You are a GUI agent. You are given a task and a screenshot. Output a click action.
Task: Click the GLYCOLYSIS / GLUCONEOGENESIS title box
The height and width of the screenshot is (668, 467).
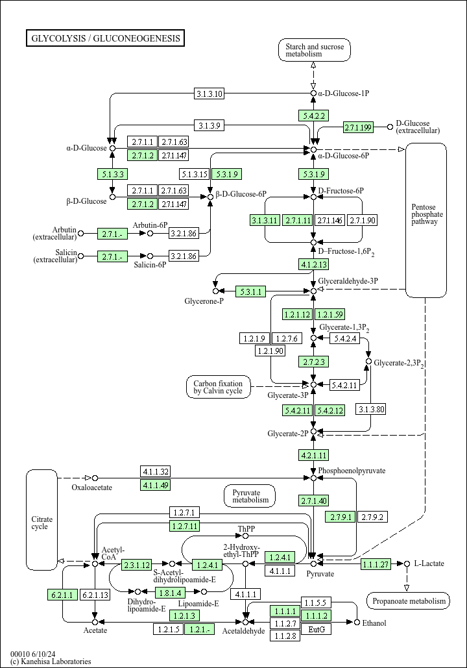tap(105, 38)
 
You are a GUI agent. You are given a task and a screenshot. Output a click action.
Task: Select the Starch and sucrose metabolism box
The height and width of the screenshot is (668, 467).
tap(315, 50)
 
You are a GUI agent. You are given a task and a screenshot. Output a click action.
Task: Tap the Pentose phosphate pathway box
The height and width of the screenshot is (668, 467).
tap(426, 220)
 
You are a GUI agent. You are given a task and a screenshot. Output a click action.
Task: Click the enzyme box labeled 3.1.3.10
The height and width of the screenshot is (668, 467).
tap(210, 93)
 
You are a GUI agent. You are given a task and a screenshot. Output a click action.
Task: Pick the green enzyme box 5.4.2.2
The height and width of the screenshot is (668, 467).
tap(314, 116)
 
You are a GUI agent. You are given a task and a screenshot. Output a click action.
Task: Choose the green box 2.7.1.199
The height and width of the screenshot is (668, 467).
tap(359, 127)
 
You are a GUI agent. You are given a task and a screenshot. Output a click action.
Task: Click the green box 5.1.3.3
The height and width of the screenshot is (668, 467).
tap(112, 174)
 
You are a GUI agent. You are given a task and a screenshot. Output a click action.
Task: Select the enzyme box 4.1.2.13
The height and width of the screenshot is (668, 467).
tap(314, 265)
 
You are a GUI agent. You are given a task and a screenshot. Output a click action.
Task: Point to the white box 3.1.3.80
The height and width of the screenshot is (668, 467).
tap(371, 410)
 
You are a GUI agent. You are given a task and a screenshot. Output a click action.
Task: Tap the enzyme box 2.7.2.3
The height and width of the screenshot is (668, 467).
tap(314, 362)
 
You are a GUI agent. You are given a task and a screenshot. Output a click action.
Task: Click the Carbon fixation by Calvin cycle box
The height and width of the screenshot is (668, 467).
tap(219, 387)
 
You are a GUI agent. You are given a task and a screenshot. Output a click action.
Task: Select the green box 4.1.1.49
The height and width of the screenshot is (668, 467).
tap(156, 485)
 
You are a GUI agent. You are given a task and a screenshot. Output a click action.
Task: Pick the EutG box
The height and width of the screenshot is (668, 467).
tap(317, 629)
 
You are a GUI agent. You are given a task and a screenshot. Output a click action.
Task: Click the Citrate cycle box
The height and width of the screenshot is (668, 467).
tap(42, 520)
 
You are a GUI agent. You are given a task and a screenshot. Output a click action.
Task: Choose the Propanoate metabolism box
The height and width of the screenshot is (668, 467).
tap(408, 600)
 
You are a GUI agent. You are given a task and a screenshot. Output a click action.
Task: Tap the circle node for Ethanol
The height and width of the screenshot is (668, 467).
tap(357, 623)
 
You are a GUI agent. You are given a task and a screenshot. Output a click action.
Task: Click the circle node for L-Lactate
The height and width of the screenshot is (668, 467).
tap(407, 563)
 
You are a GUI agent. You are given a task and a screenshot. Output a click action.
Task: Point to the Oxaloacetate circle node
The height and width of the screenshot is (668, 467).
tap(95, 478)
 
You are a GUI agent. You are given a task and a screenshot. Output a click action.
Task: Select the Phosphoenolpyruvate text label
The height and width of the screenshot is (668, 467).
tap(352, 470)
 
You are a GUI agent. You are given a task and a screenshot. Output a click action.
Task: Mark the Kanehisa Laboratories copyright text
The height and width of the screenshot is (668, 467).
tap(51, 661)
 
